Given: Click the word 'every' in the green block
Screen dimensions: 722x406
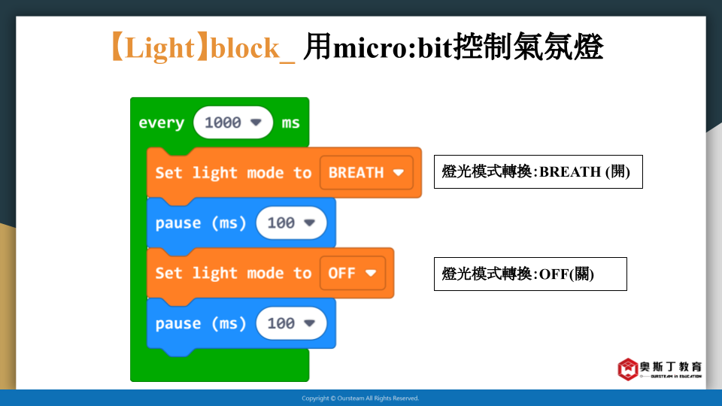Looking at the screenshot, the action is tap(161, 123).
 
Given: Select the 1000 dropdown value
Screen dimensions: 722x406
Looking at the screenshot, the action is tap(233, 123).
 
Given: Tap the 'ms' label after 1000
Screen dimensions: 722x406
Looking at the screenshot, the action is tap(290, 123).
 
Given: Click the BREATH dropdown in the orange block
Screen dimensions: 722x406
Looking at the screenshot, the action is tap(366, 173).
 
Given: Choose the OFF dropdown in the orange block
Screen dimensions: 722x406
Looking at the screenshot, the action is tap(352, 273).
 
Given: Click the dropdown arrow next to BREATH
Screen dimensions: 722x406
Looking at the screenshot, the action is tap(399, 173).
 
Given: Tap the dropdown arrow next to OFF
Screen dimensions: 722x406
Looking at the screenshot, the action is tap(371, 273).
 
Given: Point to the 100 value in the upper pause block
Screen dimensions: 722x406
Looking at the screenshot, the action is tap(291, 223).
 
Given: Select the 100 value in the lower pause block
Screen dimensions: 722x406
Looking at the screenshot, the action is tap(291, 323).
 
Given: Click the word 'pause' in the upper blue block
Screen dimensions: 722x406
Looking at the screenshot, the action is tap(178, 223).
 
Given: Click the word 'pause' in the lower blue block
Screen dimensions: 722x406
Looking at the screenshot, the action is tap(178, 323).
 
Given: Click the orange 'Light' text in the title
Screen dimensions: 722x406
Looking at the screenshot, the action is tap(159, 48).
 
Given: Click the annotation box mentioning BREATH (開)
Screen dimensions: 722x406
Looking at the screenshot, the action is tap(538, 171).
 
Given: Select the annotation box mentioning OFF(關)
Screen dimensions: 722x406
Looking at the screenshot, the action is tap(530, 274).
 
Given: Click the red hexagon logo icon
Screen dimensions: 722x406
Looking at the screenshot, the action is tap(627, 369).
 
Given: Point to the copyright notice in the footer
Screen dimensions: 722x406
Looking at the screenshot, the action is tap(360, 398).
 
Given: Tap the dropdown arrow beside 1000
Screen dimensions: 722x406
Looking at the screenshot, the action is tap(256, 123).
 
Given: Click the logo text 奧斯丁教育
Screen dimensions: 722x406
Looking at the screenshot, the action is tap(671, 366).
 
